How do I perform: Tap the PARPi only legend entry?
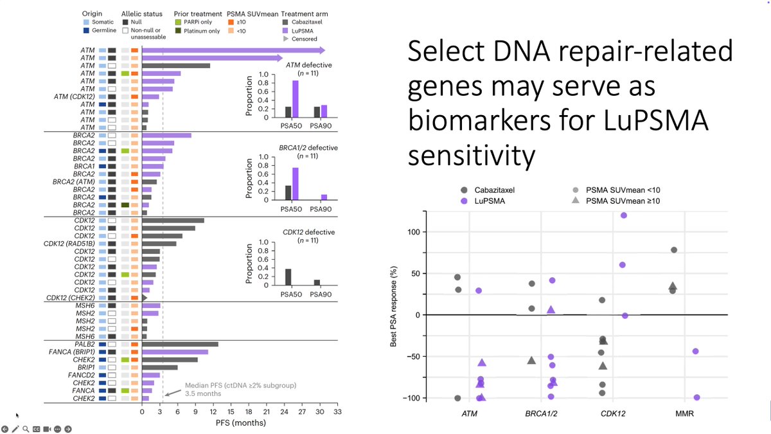click(179, 21)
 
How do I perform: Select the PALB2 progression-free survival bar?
click(180, 344)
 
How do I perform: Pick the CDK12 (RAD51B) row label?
click(70, 243)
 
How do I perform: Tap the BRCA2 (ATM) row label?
click(76, 181)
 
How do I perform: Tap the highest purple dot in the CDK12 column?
click(624, 215)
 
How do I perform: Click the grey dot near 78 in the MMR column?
click(673, 249)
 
